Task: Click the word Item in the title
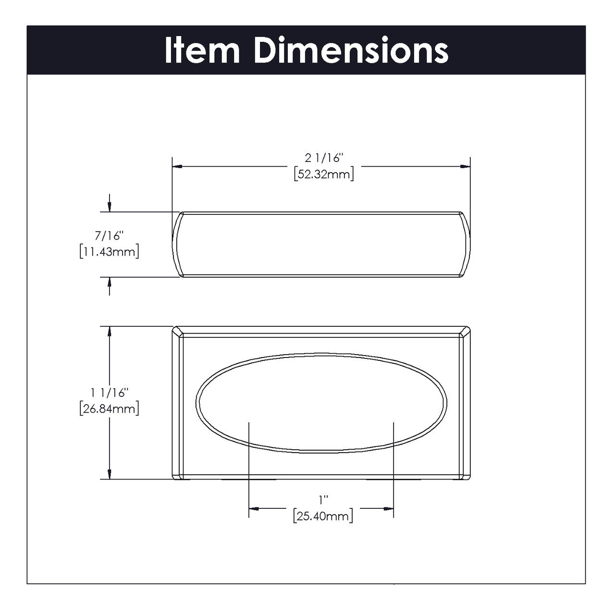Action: point(202,50)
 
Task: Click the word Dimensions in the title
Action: point(351,50)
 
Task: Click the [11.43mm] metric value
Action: point(110,252)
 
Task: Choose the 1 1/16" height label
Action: point(110,393)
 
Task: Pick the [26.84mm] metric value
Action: point(110,409)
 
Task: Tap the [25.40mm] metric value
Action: point(322,517)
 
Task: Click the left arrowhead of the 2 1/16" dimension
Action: point(177,166)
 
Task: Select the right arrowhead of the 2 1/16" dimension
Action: point(465,166)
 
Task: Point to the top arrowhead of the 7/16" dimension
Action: point(110,207)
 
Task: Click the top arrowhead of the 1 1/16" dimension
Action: point(110,332)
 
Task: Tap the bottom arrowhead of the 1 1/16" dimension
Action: point(110,474)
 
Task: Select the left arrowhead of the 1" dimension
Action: point(254,508)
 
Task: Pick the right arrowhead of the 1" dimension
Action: point(389,508)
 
